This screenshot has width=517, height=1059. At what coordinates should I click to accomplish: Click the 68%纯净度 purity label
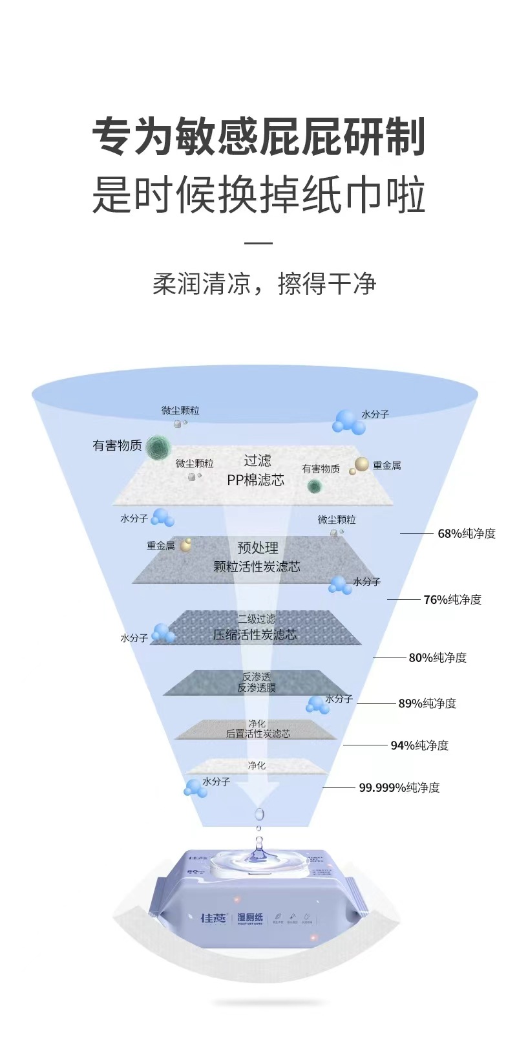point(467,533)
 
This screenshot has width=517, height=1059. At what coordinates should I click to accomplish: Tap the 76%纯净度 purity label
point(452,599)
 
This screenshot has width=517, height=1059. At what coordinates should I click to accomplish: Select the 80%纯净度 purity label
point(438,658)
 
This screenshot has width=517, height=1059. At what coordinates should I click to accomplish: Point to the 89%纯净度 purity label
point(427,703)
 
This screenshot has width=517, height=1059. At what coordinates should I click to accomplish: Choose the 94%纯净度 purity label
point(419,745)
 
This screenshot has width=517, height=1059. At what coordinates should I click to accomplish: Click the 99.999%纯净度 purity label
point(399,787)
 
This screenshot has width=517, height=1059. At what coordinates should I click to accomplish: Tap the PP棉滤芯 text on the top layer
point(256,480)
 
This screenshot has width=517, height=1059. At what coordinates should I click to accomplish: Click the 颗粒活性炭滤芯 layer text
point(257,566)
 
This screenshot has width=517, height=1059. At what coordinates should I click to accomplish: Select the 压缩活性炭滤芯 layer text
point(256,634)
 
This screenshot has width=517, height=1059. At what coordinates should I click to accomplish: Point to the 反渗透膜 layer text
point(257,688)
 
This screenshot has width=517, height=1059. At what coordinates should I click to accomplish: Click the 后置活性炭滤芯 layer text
point(258,734)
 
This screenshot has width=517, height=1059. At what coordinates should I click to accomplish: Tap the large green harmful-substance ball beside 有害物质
point(158,447)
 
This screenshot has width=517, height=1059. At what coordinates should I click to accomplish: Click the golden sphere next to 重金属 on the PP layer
point(362,464)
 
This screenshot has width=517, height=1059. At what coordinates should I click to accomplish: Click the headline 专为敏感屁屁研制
point(258,137)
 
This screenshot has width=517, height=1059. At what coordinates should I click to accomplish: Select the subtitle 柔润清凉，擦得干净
point(264,284)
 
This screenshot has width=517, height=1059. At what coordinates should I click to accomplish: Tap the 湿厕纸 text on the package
point(250,917)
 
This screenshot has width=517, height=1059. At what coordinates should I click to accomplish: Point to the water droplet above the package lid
point(259,813)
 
